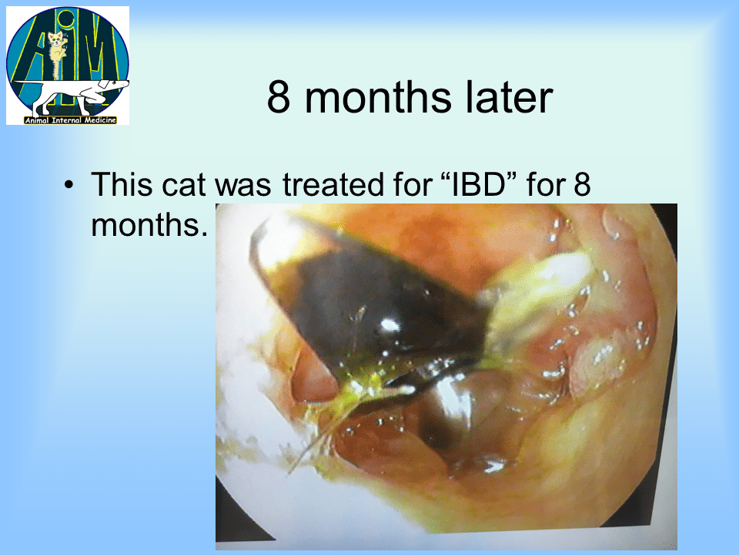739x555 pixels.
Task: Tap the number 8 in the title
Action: (x=279, y=97)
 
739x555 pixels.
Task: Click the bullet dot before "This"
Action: (x=69, y=184)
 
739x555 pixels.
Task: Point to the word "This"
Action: (x=122, y=183)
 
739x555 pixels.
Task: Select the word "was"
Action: (x=243, y=186)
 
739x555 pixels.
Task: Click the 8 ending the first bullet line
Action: (x=582, y=184)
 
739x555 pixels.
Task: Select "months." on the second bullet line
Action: (x=149, y=225)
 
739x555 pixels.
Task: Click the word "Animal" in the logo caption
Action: (x=37, y=120)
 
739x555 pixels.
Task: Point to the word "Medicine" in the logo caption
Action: (x=100, y=120)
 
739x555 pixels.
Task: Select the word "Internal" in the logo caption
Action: (x=67, y=120)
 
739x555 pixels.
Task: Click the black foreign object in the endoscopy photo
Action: (x=373, y=311)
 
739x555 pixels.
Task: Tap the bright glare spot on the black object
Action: (x=390, y=325)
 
